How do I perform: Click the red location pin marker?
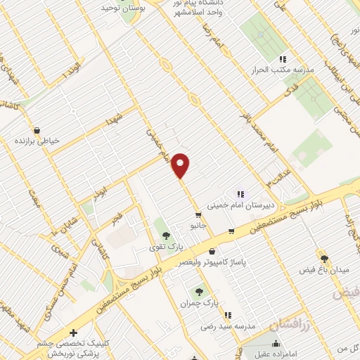click(181, 165)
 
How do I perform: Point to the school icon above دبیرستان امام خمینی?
click(240, 194)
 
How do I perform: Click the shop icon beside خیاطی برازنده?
click(37, 130)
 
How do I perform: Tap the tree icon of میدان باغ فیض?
click(324, 259)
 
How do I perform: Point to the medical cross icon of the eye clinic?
click(73, 332)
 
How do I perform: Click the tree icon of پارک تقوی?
click(165, 236)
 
